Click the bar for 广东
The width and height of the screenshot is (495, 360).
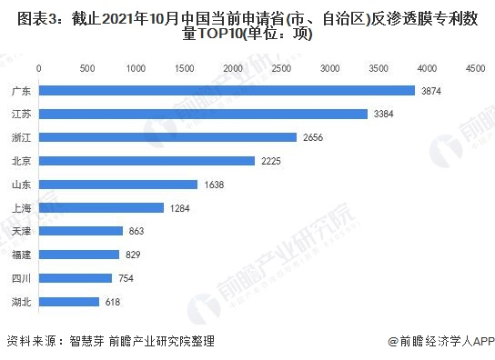(x=227, y=90)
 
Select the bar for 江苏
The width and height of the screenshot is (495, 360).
(x=203, y=114)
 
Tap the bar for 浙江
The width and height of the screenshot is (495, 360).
(x=167, y=137)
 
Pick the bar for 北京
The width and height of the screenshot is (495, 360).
(x=146, y=161)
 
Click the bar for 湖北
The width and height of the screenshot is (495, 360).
(x=68, y=302)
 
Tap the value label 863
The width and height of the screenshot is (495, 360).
(x=138, y=232)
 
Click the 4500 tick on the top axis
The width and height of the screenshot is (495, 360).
(x=475, y=68)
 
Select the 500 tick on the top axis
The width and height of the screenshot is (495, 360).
(x=87, y=68)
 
